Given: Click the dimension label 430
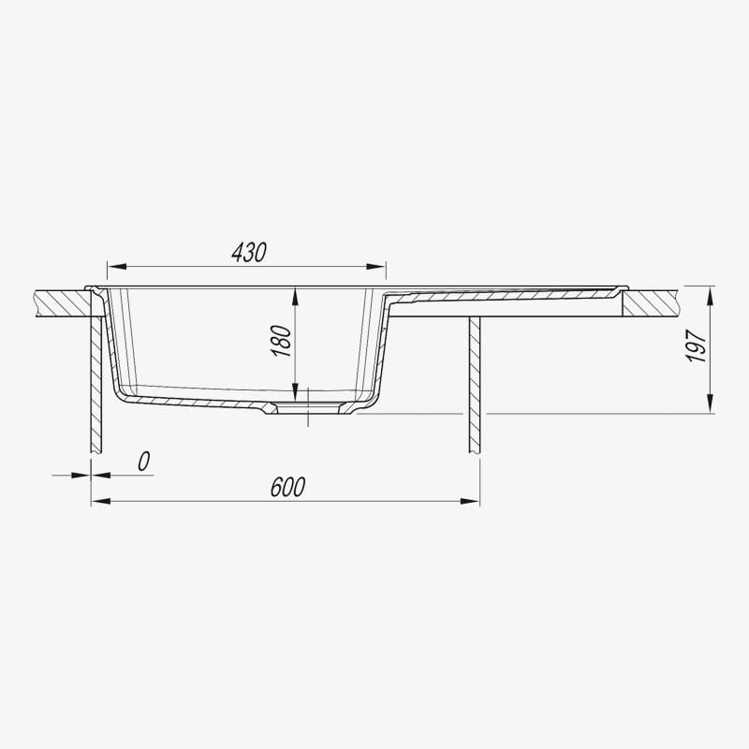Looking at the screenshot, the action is tap(249, 253).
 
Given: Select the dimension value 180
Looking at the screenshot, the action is tap(281, 341).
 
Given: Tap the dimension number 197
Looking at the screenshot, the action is tap(697, 345).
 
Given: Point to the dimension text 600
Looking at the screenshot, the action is tap(287, 487).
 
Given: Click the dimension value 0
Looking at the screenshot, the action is tap(144, 462).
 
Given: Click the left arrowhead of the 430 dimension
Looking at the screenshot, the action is tap(116, 266).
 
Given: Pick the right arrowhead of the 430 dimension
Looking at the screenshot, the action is tap(376, 266).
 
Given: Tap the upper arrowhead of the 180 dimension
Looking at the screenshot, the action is tap(295, 296).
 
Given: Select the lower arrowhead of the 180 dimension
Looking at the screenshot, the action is tap(295, 391).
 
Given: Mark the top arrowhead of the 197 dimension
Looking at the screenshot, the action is tap(711, 296).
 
